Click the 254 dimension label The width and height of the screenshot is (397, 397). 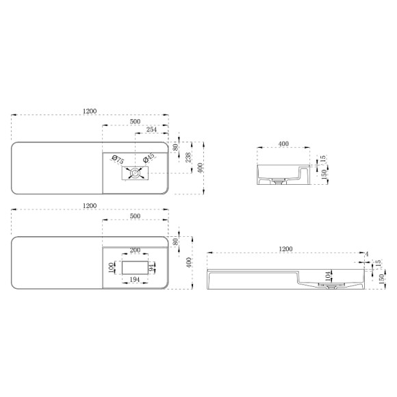151,129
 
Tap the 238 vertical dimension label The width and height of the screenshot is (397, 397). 188,157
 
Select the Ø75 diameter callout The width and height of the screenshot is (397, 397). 118,159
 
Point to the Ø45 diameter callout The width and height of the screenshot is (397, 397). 149,157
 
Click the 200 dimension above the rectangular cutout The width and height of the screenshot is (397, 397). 135,250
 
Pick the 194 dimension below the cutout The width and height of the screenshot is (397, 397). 135,279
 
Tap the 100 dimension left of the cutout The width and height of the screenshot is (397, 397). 111,268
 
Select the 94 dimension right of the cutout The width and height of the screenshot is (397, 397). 151,268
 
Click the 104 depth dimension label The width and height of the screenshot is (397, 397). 328,277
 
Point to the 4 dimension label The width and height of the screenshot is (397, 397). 367,254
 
